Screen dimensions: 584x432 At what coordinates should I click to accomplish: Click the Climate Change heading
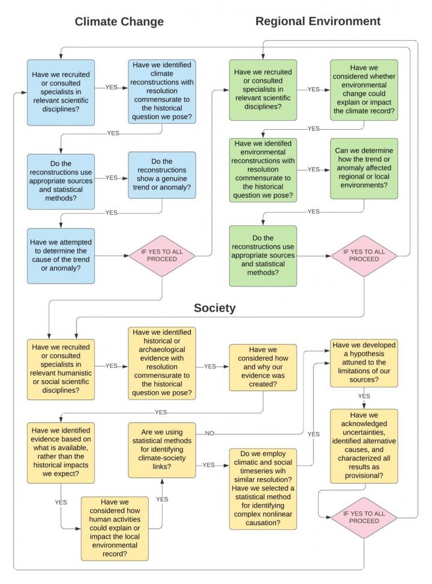[x=119, y=22]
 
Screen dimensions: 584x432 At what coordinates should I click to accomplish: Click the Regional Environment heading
[x=317, y=21]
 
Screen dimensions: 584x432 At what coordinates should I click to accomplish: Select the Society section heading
[x=214, y=308]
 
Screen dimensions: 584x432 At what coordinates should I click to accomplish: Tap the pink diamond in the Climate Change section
[x=162, y=255]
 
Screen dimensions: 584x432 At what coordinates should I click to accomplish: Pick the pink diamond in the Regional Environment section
[x=364, y=255]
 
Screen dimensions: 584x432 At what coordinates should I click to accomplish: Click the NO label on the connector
[x=209, y=433]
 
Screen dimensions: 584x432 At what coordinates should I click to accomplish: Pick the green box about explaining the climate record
[x=364, y=90]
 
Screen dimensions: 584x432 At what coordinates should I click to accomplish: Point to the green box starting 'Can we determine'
[x=364, y=169]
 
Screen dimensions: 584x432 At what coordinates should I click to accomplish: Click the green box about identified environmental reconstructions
[x=263, y=170]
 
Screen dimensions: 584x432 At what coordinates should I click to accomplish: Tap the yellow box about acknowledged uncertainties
[x=364, y=446]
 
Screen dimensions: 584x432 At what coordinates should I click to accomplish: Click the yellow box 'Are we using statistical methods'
[x=162, y=449]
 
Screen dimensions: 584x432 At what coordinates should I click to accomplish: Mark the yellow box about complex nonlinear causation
[x=263, y=488]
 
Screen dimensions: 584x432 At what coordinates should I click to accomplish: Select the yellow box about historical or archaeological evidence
[x=162, y=363]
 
